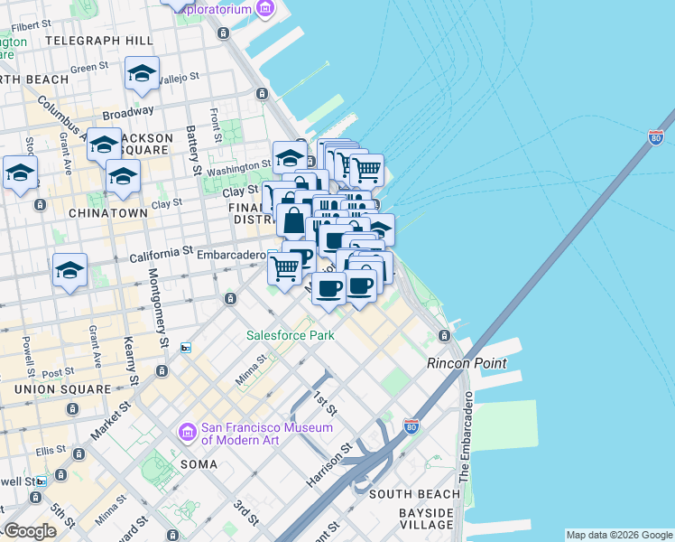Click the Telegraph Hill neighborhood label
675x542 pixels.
point(98,42)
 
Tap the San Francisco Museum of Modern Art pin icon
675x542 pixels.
point(188,433)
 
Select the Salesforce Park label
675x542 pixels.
point(291,335)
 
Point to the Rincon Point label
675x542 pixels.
point(466,363)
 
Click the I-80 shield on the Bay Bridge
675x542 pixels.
point(656,137)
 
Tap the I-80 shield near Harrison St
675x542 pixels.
point(411,425)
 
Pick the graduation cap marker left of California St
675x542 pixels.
point(69,269)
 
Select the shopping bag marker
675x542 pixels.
point(294,219)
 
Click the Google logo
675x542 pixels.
point(30,532)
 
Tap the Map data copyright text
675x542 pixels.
point(618,535)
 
